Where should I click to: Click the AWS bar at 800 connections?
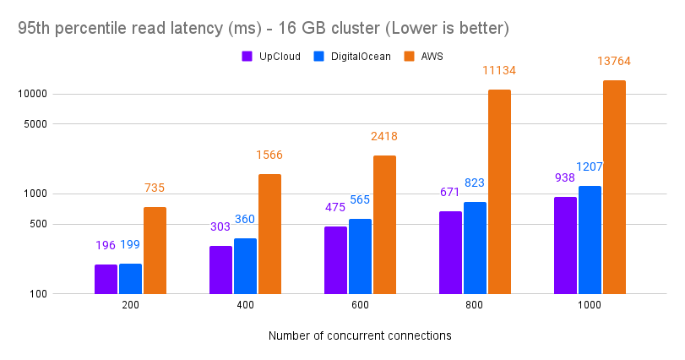[499, 192]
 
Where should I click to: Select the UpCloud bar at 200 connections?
[106, 279]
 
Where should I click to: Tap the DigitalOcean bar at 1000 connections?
[590, 239]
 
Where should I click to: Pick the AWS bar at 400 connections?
[269, 233]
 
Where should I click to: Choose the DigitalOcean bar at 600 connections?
[360, 256]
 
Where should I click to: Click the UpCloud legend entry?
[271, 57]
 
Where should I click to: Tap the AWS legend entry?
[422, 57]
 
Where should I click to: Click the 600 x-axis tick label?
[360, 306]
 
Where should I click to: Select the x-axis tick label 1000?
[590, 306]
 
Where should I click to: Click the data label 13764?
[613, 61]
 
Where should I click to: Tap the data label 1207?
[590, 166]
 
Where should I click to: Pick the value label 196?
[106, 245]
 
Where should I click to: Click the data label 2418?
[384, 136]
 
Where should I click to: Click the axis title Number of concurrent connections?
[360, 335]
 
